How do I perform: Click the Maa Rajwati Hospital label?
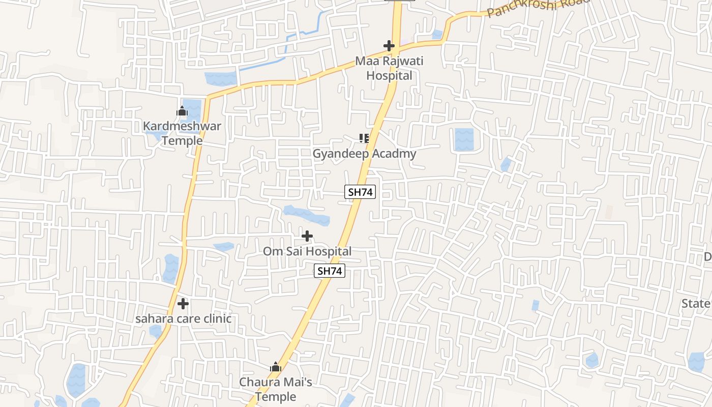pos(389,68)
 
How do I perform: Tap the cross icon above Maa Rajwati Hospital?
pos(389,46)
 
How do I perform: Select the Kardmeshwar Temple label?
pos(182,133)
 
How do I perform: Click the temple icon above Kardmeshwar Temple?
pos(182,111)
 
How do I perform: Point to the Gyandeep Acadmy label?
pos(364,154)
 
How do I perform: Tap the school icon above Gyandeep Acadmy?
pos(364,138)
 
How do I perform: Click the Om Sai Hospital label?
pos(307,251)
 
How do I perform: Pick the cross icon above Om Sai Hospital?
pos(307,236)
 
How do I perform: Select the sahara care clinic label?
pos(183,319)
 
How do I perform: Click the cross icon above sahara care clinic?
pos(183,304)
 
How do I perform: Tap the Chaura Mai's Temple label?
pos(276,389)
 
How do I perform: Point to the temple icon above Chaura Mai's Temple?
pos(276,367)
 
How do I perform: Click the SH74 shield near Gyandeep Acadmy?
pos(360,192)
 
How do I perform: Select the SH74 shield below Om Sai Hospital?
pos(330,271)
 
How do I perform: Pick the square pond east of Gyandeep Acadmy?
pos(464,139)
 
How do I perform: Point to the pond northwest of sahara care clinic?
pos(171,268)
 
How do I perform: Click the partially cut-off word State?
pos(696,304)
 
